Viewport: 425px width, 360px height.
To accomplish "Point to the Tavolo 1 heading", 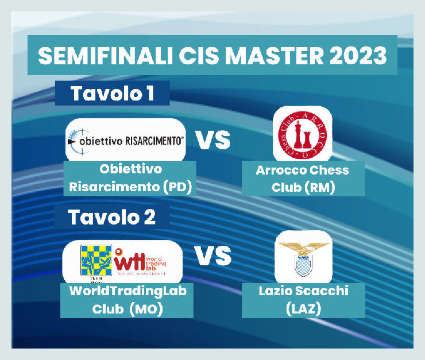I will (112, 94).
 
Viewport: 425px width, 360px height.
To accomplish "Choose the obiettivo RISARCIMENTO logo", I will (126, 140).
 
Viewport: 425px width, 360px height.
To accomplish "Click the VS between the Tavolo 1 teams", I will (214, 140).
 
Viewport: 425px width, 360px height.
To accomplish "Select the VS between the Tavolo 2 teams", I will (214, 256).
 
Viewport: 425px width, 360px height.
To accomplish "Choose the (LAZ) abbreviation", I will (303, 309).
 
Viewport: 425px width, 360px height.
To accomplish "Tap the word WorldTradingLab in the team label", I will (127, 291).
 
